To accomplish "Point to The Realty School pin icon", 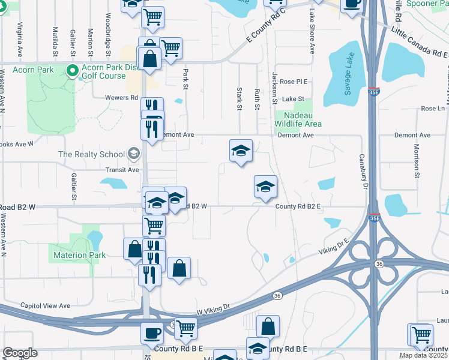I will coord(133,154).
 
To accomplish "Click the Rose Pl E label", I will coord(293,82).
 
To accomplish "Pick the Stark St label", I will coord(239,97).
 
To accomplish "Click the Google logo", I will coord(20,353).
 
